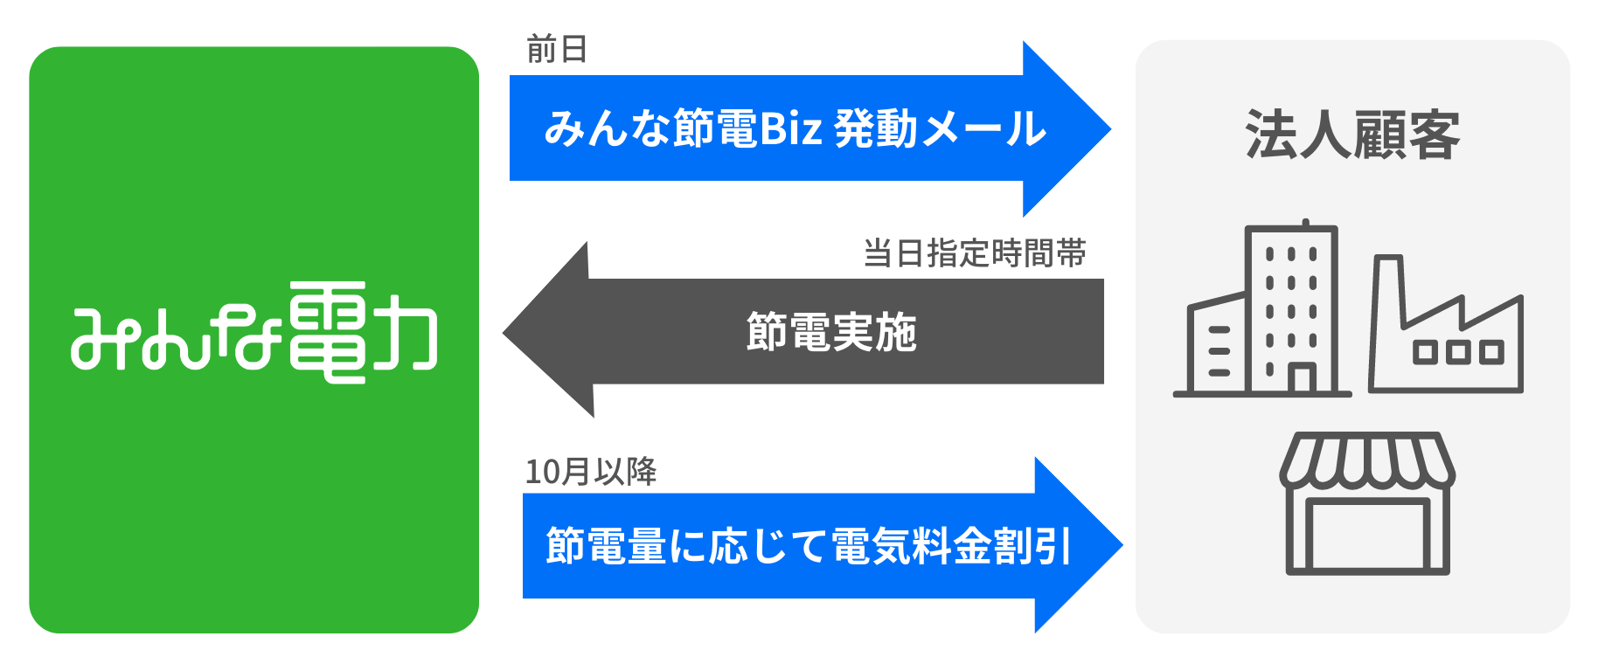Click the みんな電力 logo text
point(254,333)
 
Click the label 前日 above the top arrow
point(557,50)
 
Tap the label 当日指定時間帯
point(975,253)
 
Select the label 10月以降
point(591,472)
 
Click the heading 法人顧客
point(1352,135)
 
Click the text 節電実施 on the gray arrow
point(831,332)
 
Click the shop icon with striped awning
point(1367,504)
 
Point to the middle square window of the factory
point(1458,352)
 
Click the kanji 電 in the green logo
point(326,332)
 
